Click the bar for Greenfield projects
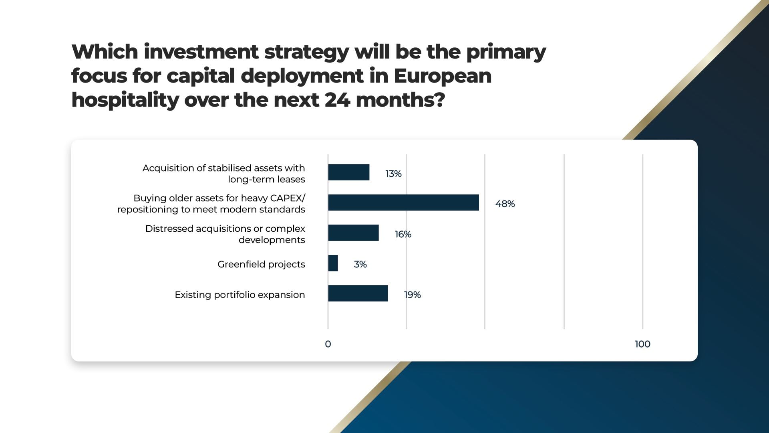coord(333,263)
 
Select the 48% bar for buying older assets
coord(403,202)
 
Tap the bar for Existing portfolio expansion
coord(358,293)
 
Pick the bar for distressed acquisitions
coord(353,233)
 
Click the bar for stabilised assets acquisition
coord(348,172)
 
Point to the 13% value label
coord(393,174)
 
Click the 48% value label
coord(505,204)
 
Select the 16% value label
coord(403,234)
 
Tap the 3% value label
coord(360,264)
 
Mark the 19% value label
coord(412,295)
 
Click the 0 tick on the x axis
coord(328,344)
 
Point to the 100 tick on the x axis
coord(642,344)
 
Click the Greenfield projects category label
coord(261,265)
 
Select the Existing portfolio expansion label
coord(240,295)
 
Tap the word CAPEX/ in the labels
coord(288,198)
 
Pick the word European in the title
coord(443,77)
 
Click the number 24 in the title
coord(337,100)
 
